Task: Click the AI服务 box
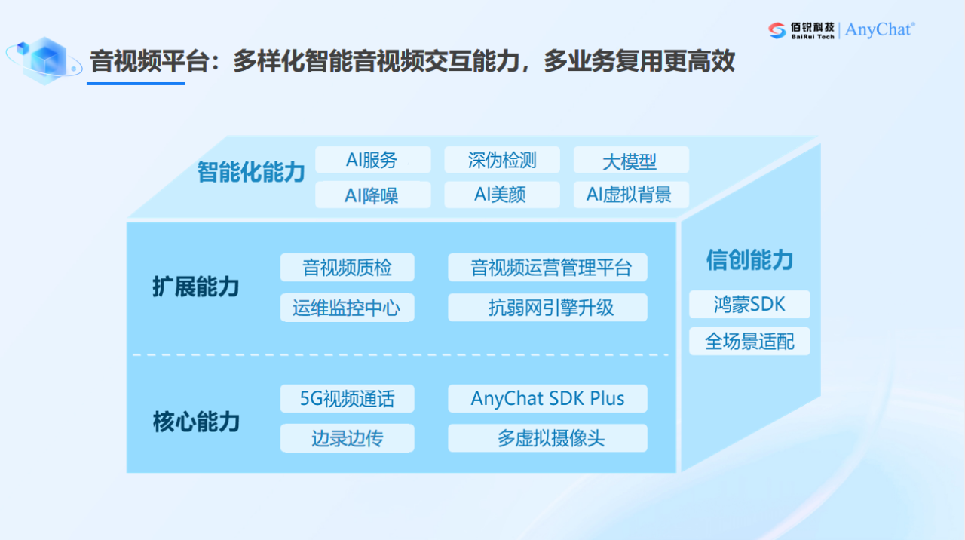coord(372,160)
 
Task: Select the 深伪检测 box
coord(501,160)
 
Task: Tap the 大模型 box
coord(630,161)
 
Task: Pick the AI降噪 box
coord(372,195)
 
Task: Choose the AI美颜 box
coord(501,195)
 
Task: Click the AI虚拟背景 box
coord(630,195)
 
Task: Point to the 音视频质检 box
coord(347,268)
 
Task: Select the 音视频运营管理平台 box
coord(547,268)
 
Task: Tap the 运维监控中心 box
coord(347,307)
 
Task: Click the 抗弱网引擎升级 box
coord(547,307)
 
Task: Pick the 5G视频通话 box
coord(347,398)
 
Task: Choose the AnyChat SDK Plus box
coord(547,398)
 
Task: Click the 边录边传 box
coord(347,438)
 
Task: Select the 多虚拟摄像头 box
coord(547,438)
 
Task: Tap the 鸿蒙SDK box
coord(749,304)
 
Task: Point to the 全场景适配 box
coord(749,341)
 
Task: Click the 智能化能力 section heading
coord(251,172)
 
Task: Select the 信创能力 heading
coord(749,260)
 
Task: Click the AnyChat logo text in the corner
coord(880,29)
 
